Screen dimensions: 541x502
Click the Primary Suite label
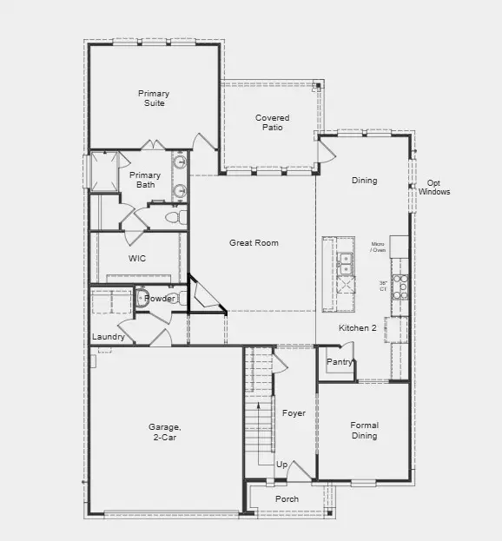153,98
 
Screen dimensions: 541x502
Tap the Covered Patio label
272,122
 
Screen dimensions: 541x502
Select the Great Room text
254,243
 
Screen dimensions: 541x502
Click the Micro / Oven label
378,247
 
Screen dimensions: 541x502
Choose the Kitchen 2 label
357,328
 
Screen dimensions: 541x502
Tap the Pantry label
338,361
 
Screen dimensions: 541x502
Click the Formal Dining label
364,431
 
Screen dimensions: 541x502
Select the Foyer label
294,413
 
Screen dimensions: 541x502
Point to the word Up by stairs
281,465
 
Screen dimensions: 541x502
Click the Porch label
287,499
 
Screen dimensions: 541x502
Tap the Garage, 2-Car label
164,432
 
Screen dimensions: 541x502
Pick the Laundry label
109,337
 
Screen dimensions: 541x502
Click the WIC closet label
137,258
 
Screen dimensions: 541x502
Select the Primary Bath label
145,180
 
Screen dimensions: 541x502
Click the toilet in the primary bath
171,216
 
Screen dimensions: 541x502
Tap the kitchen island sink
345,258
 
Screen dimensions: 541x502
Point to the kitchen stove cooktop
400,287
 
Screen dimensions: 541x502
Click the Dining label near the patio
364,181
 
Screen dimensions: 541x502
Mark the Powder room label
160,299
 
